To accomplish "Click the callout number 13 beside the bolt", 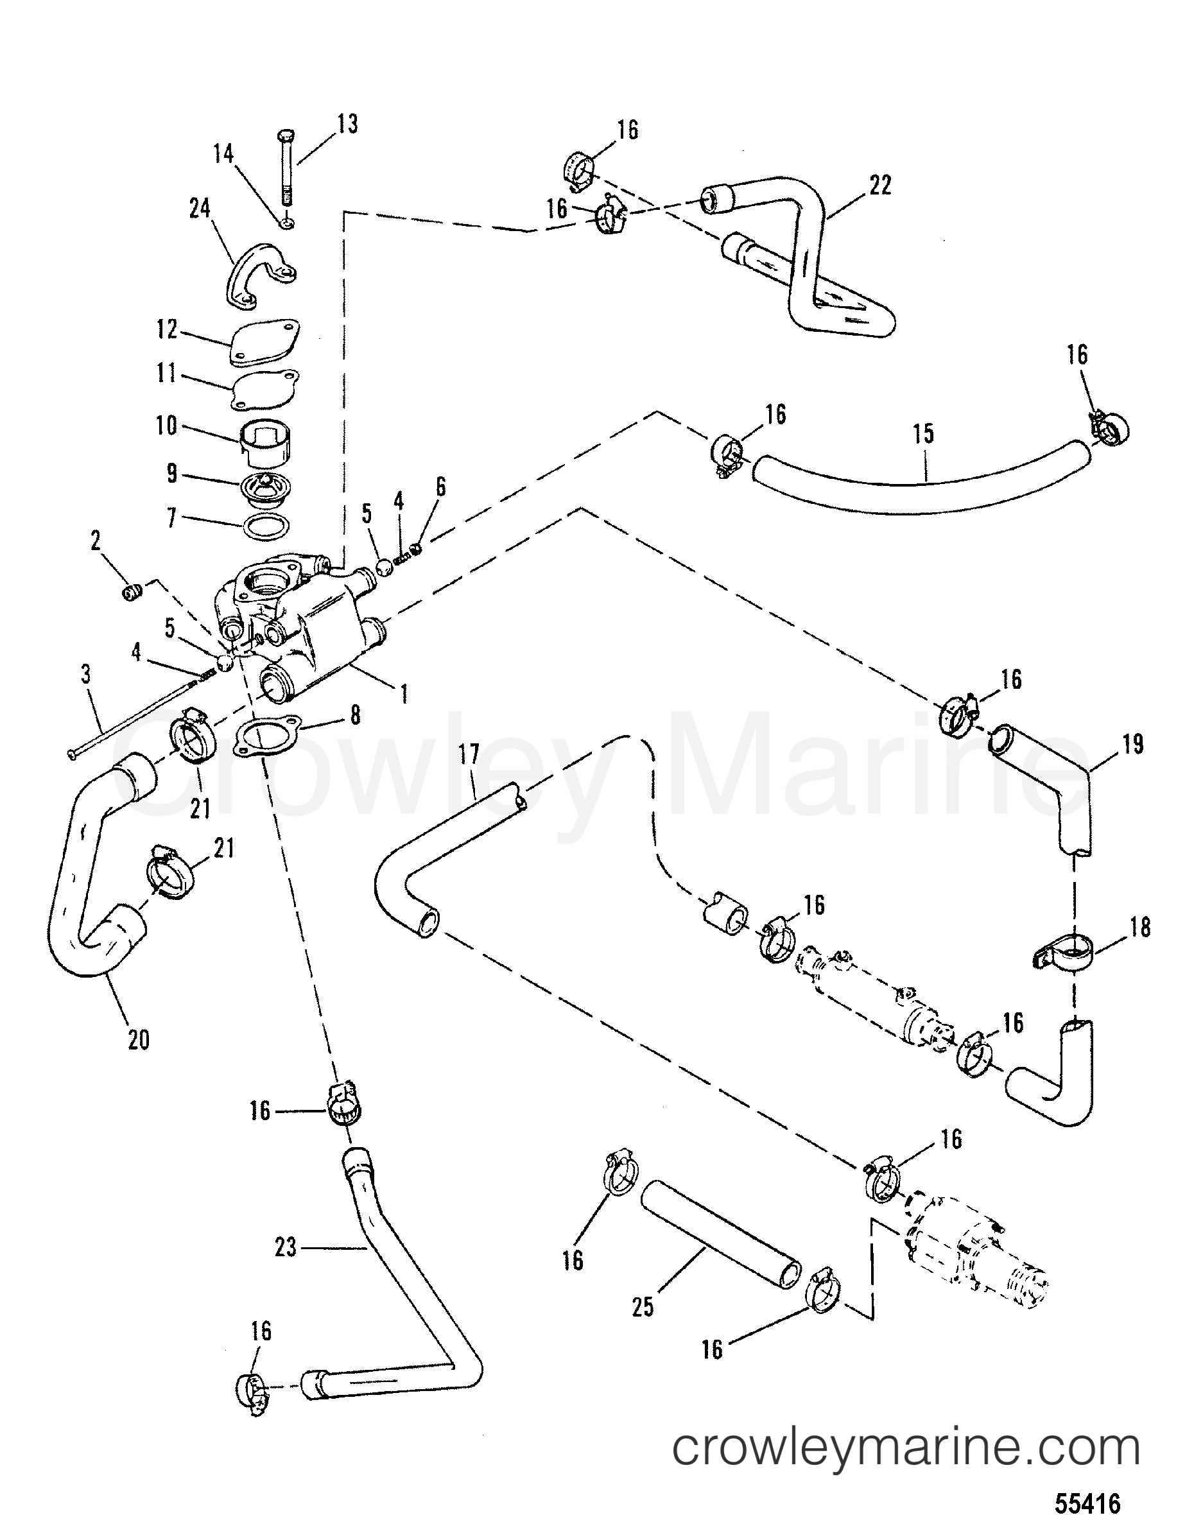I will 347,124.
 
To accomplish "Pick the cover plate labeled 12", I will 263,342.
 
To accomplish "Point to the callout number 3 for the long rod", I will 86,674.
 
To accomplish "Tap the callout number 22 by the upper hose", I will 880,186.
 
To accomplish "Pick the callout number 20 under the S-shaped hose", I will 139,1041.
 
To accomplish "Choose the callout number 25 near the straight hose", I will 643,1307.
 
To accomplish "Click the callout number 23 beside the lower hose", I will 285,1249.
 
